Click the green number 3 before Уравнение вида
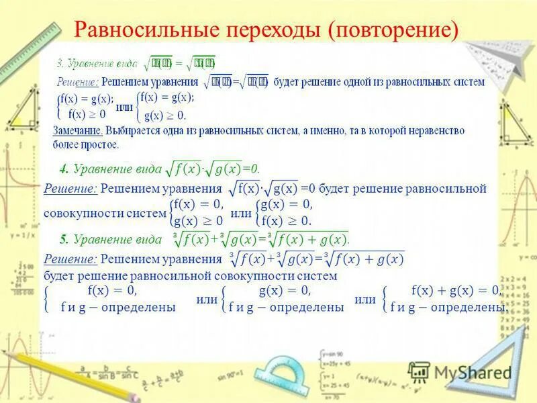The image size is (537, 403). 59,63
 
